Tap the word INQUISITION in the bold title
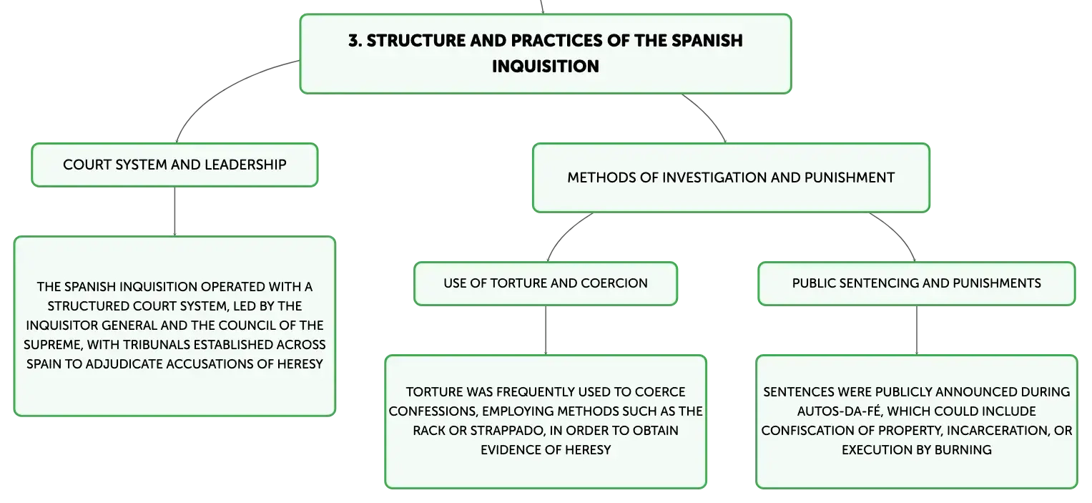click(x=546, y=67)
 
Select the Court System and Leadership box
click(x=174, y=165)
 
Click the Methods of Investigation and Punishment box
click(x=731, y=177)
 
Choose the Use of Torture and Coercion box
click(x=546, y=283)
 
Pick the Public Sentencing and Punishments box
click(x=917, y=283)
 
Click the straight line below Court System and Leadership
click(x=174, y=212)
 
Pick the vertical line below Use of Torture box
click(x=546, y=331)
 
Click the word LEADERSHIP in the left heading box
click(x=245, y=165)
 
